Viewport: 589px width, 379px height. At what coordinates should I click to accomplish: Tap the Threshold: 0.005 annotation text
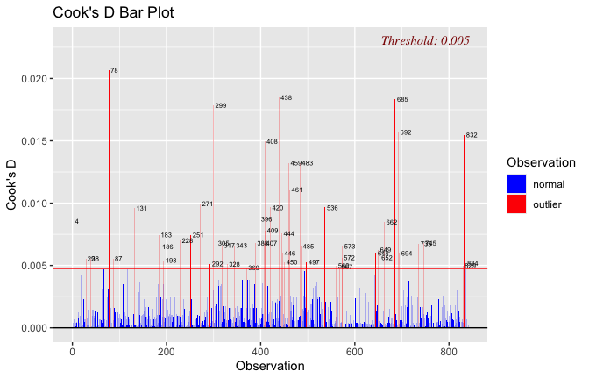coord(425,40)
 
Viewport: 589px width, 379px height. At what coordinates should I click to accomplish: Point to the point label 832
coord(472,135)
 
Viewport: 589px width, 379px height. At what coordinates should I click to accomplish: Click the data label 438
coord(286,98)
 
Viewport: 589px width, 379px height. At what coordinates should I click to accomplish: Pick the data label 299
coord(220,106)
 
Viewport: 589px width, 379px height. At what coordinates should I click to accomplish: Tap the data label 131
coord(141,209)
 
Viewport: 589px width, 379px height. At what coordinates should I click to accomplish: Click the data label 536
coord(331,208)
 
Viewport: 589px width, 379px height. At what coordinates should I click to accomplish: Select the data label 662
coord(391,223)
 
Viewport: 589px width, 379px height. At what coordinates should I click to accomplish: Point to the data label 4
coord(76,222)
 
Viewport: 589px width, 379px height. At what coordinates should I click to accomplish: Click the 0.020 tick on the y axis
coord(32,79)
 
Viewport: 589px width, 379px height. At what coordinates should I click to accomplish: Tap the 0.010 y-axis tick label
coord(32,204)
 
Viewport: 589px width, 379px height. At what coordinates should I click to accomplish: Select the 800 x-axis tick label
coord(449,351)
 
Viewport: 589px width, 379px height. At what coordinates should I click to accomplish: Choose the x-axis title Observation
coord(271,367)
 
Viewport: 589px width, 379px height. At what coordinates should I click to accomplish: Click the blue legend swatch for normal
coord(516,183)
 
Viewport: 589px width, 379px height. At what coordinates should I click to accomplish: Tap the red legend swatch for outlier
coord(516,204)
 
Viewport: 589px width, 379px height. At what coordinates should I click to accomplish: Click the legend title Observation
coord(541,162)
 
